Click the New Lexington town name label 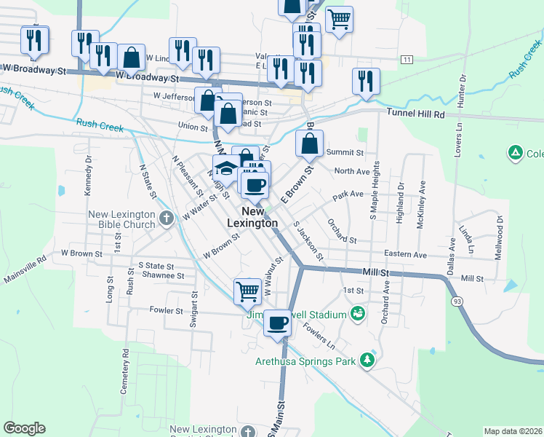tap(254, 216)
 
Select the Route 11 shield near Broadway tap(407, 59)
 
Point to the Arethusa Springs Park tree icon tap(369, 361)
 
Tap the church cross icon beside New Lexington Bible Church tap(166, 216)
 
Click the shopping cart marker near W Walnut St tap(248, 291)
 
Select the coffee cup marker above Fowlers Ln tap(276, 321)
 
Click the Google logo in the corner tap(24, 428)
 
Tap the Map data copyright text tap(513, 431)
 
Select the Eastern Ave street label tap(405, 255)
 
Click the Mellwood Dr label tap(500, 232)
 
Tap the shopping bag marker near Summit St tap(309, 142)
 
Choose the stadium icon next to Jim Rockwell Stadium tap(357, 314)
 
